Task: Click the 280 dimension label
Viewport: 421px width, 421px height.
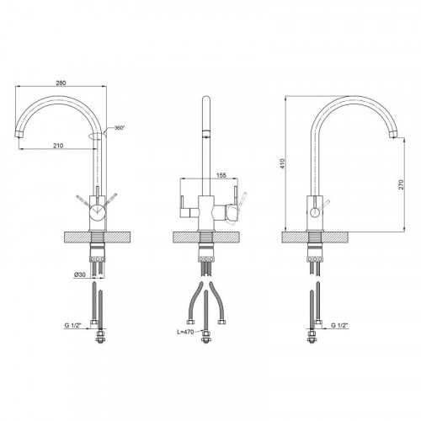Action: point(61,83)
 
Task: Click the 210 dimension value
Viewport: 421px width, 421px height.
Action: point(58,146)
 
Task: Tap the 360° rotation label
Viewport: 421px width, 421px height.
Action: point(120,128)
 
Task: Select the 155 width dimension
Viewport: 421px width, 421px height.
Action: point(221,175)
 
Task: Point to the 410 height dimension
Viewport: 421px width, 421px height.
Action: point(283,163)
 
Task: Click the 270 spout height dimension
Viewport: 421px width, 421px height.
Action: point(401,184)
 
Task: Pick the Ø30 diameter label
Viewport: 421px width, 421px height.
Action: point(80,274)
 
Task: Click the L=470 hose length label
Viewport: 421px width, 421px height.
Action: point(185,332)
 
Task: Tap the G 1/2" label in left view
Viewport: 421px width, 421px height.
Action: point(72,325)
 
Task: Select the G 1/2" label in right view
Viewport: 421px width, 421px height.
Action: point(339,325)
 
